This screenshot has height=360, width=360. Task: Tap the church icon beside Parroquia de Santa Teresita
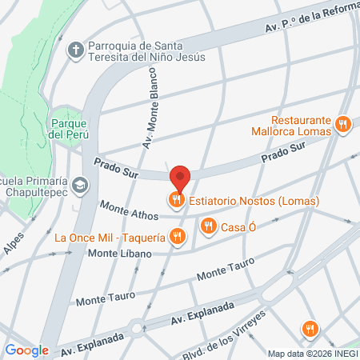77,50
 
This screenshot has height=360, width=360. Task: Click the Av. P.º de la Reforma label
309,18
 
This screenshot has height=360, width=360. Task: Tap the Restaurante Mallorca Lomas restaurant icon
342,124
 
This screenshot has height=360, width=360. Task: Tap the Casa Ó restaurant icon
209,226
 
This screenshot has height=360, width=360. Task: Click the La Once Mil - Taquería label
110,237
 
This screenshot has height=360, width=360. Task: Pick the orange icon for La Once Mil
178,237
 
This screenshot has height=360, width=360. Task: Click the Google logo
26,350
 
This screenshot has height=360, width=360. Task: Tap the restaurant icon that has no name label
310,328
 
